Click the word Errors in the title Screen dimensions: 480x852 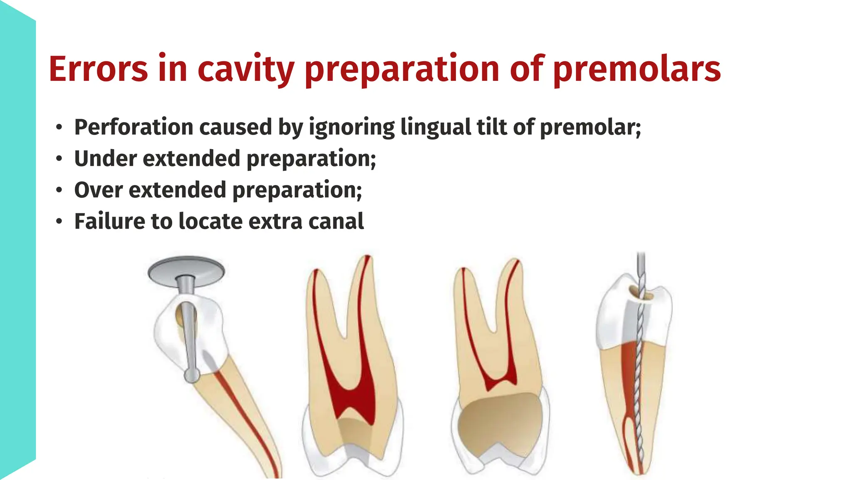(98, 69)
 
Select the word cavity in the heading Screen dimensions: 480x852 (246, 69)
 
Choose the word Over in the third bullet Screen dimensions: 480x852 (98, 190)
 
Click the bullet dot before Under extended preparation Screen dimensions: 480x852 (59, 159)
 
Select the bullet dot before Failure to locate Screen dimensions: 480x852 (59, 221)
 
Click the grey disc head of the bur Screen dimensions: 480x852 (186, 271)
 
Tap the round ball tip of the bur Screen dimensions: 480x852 (192, 375)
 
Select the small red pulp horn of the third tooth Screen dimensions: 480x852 (501, 381)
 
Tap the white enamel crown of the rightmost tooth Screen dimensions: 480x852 (614, 317)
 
